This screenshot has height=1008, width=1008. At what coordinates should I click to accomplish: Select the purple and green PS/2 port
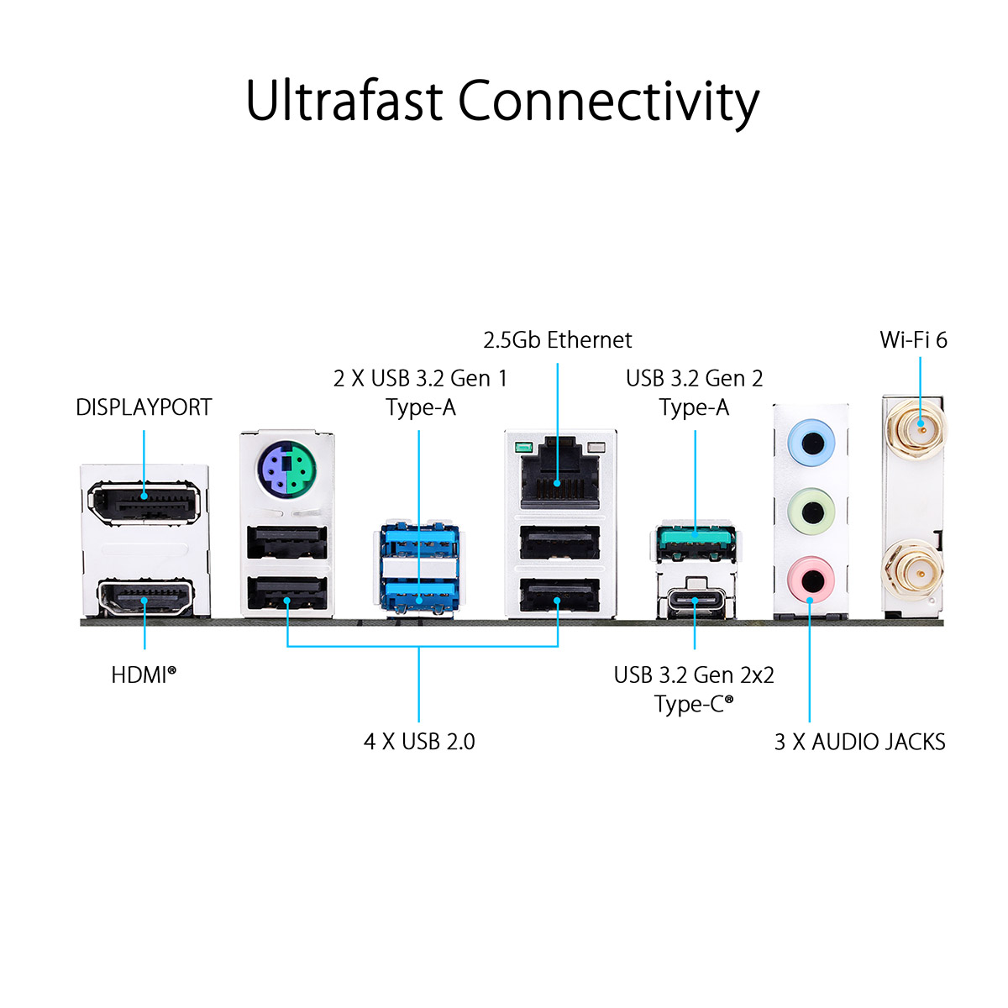(286, 471)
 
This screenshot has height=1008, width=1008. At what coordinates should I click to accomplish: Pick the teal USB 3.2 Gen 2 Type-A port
(696, 543)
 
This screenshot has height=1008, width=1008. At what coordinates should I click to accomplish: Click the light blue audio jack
(811, 441)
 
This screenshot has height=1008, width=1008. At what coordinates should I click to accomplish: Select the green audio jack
(811, 510)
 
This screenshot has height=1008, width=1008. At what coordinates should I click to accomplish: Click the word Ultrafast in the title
(344, 102)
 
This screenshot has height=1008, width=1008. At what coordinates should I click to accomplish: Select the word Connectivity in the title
(608, 102)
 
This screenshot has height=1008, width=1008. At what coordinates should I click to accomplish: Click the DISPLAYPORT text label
(144, 407)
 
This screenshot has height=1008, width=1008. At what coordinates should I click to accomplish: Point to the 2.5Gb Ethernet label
(558, 340)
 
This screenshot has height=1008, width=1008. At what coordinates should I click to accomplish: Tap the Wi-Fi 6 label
(913, 340)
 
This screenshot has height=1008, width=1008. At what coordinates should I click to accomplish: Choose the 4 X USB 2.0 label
(419, 742)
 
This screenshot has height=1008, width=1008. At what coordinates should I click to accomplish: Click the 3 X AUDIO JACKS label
(859, 742)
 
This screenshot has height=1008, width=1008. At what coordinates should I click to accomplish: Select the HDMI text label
(144, 675)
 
